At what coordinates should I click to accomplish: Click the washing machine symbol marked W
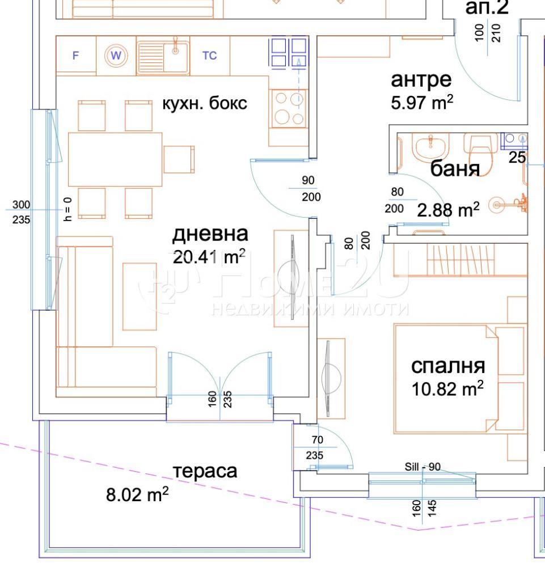coord(116,56)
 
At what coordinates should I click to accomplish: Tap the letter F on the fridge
coord(75,56)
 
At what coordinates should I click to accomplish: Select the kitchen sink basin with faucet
coord(163,57)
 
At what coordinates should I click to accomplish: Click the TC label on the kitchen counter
coord(209,56)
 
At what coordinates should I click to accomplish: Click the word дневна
coord(210,234)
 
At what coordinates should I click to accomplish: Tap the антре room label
coord(421,80)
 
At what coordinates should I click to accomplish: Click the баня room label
coord(455,169)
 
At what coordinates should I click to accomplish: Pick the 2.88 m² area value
coord(449,210)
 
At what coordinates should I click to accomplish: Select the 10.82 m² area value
coord(447,389)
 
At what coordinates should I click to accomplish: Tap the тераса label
coord(205,471)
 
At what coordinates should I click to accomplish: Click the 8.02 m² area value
coord(137,494)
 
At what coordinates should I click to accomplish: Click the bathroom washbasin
coord(430,148)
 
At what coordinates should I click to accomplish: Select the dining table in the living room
coord(115,159)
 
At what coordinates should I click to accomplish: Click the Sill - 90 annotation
coord(423,467)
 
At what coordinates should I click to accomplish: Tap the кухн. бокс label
coord(204,104)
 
